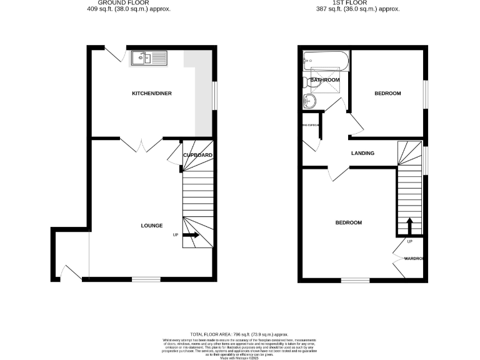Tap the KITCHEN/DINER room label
[x=151, y=94]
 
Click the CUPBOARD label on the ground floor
[x=197, y=155]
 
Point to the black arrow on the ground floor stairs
[x=191, y=236]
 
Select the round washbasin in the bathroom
[x=309, y=102]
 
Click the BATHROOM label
[x=325, y=80]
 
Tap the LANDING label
[x=362, y=153]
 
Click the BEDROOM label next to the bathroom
[x=387, y=94]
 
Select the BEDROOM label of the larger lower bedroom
[x=348, y=222]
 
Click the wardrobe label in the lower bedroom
[x=414, y=259]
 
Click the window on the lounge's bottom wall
[x=145, y=279]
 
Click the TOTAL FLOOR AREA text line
[x=239, y=335]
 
